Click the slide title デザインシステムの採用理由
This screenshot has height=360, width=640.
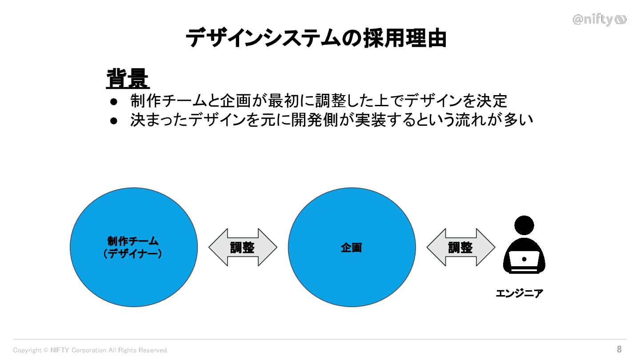316,38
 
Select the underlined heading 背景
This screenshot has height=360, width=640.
128,79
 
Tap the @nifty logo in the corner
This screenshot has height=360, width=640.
599,20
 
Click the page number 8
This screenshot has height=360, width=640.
619,349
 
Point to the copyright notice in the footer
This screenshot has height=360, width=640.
91,350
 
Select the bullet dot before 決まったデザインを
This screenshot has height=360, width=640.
114,120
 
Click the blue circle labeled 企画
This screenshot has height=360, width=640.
352,247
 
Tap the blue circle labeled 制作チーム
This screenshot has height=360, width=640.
134,247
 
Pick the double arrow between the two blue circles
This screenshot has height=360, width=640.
243,248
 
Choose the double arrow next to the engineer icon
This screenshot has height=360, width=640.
460,248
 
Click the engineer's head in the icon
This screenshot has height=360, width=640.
524,225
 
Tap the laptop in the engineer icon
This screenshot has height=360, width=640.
524,260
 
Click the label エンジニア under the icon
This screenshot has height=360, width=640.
519,293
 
